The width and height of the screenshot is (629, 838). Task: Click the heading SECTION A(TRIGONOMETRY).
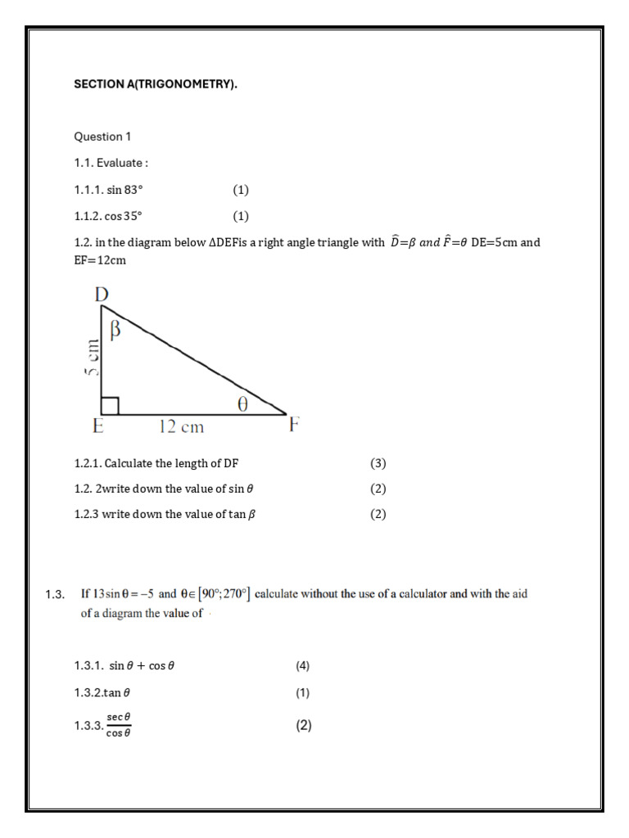coord(156,84)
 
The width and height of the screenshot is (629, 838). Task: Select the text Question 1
coord(102,137)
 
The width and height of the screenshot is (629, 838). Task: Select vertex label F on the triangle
coord(295,426)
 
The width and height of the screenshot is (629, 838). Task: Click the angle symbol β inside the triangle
coord(115,330)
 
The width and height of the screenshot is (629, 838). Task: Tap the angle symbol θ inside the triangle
coord(242,403)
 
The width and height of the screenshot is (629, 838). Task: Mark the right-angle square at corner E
coord(111,405)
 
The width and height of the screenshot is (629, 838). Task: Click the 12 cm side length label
coord(181,426)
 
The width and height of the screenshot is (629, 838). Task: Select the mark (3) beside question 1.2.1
coord(378,463)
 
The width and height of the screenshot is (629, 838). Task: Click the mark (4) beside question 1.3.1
coord(303,665)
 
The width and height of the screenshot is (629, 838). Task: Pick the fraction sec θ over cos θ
coord(119,725)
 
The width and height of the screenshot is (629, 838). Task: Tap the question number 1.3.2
coord(87,692)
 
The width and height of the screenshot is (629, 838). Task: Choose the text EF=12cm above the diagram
coord(100,260)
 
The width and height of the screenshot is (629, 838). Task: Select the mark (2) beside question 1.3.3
coord(304,725)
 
